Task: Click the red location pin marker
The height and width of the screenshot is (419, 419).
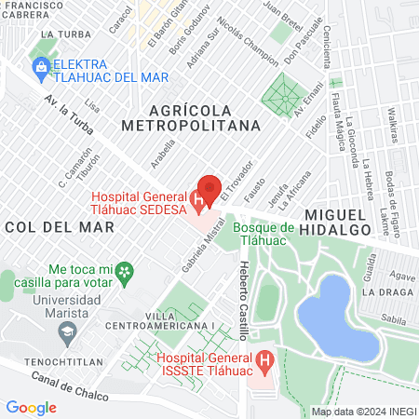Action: (x=209, y=189)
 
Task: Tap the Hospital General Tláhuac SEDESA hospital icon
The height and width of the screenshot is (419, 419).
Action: (x=196, y=199)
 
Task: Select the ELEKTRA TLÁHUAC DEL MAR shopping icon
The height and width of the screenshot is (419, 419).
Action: (x=41, y=67)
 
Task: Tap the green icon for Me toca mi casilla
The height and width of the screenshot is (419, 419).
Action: (x=128, y=272)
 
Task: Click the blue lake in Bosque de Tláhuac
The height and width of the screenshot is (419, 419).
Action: (x=341, y=317)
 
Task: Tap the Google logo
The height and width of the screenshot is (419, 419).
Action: (x=31, y=407)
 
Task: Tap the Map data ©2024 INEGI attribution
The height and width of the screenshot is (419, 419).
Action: (x=363, y=412)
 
